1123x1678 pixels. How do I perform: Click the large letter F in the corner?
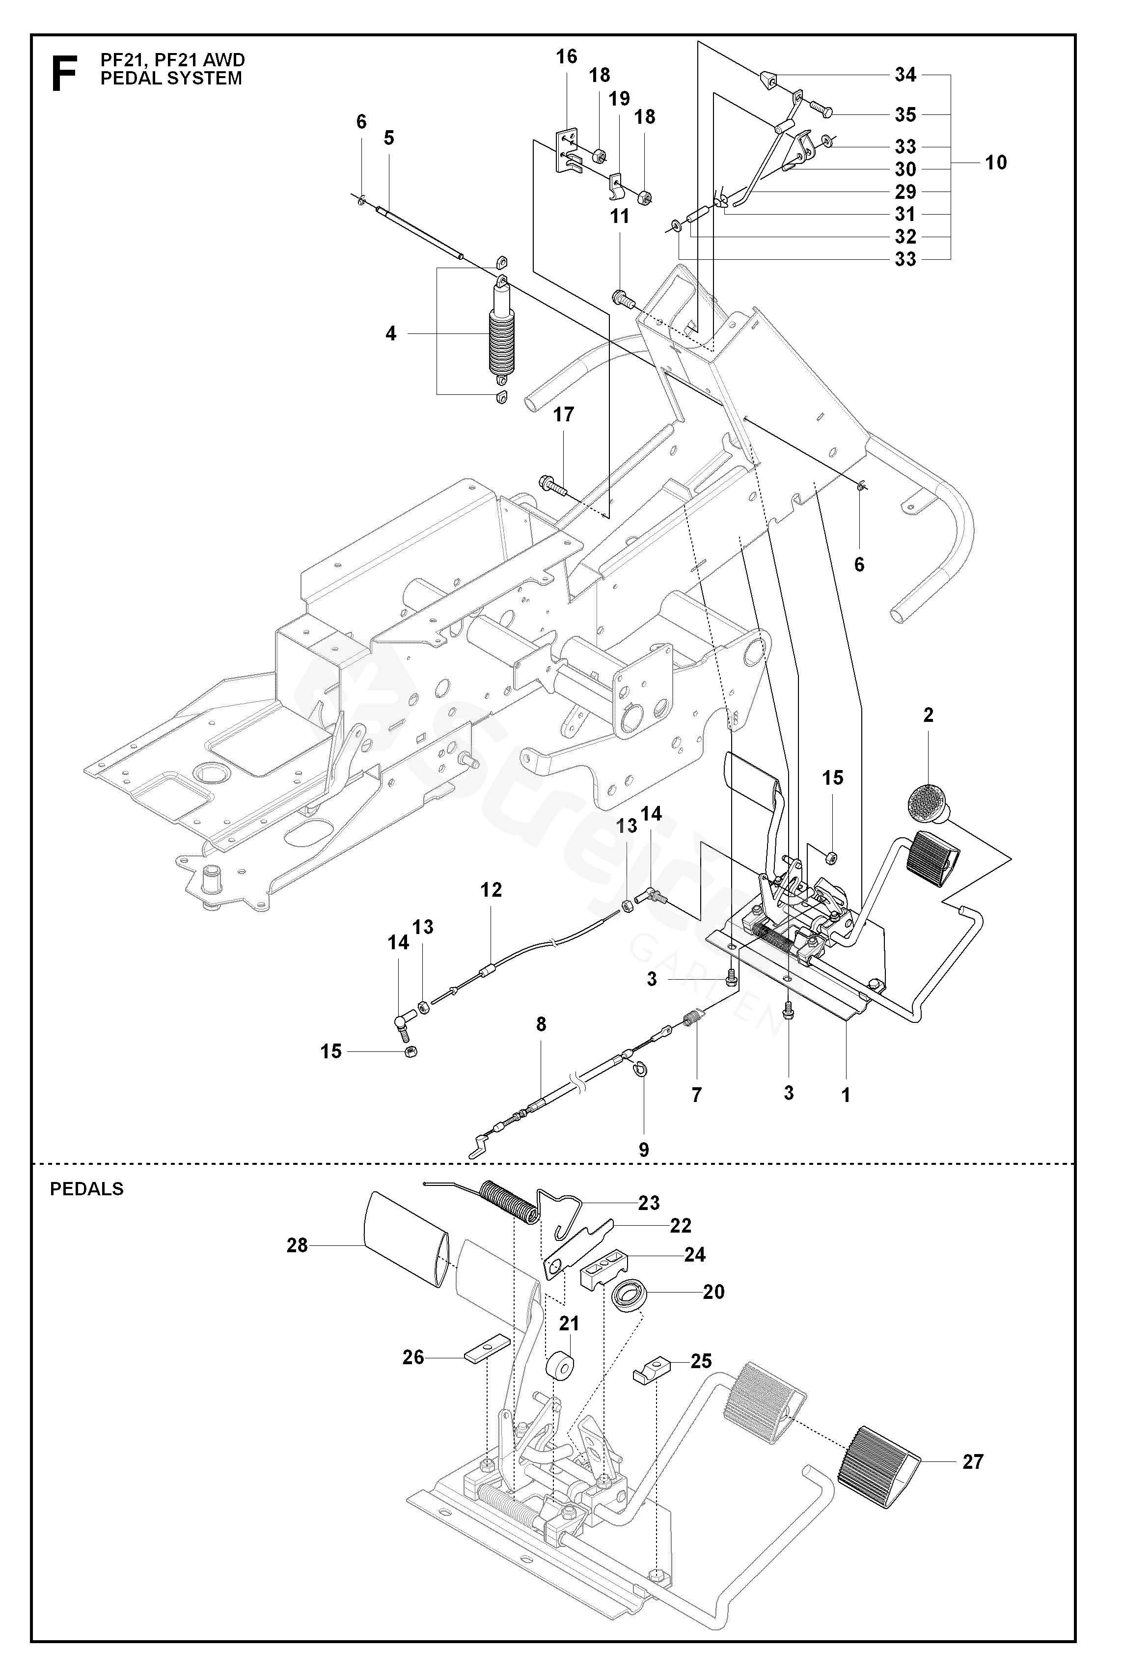click(64, 74)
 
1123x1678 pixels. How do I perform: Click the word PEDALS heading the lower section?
click(86, 1189)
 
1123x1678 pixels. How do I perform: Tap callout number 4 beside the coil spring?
click(391, 334)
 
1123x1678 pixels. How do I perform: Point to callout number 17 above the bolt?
click(564, 414)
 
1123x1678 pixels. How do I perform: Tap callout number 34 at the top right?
click(905, 75)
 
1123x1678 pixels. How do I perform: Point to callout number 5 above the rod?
click(389, 138)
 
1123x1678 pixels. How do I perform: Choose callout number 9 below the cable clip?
click(644, 1150)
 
